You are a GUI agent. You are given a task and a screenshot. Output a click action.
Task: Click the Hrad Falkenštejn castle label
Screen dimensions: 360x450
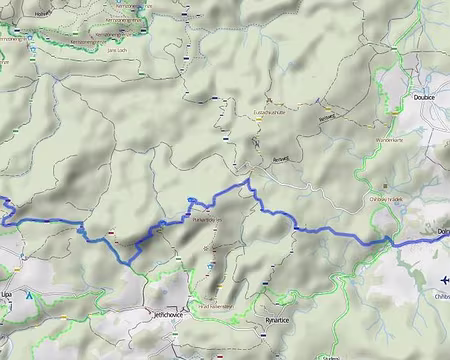216,306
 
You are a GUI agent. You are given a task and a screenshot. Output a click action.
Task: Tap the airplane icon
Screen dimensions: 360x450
443,280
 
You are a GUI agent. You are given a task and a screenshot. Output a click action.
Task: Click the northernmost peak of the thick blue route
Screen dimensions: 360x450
248,180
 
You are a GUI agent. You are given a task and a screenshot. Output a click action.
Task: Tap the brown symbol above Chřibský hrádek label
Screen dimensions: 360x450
385,186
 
